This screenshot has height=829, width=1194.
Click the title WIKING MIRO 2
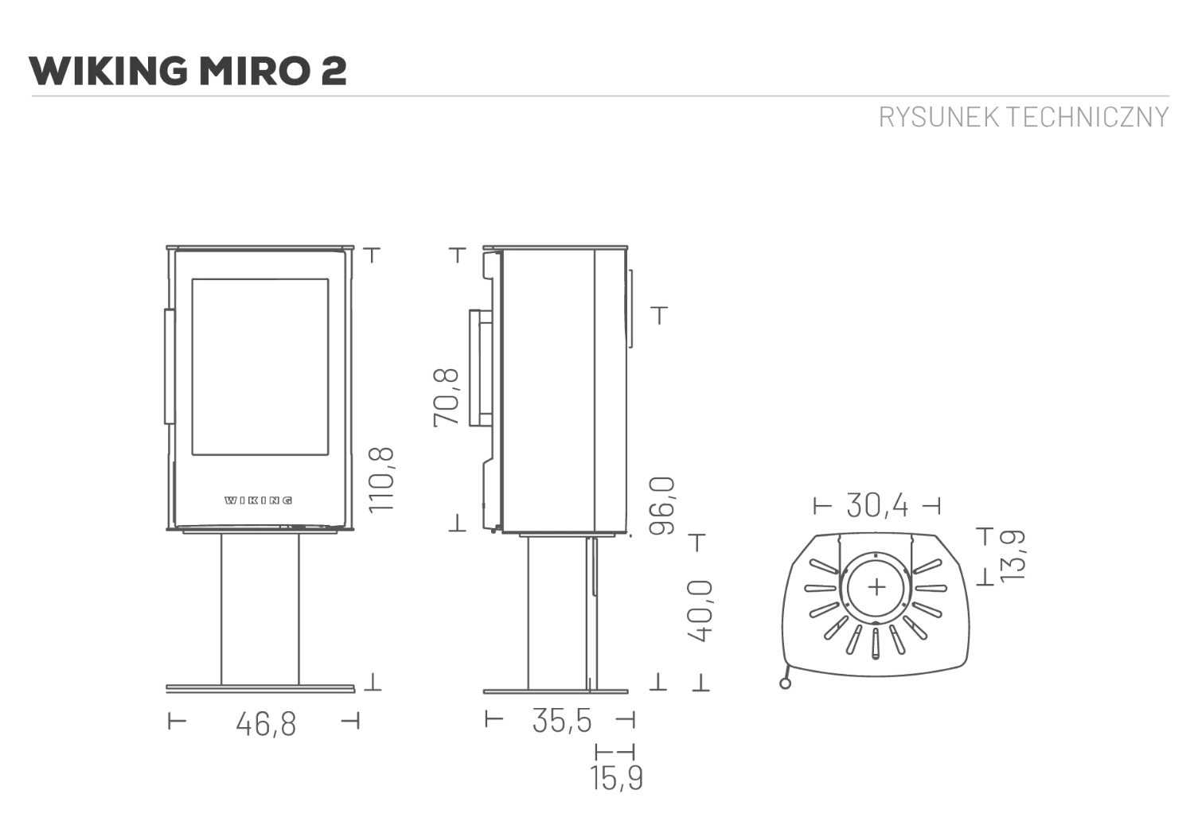188,70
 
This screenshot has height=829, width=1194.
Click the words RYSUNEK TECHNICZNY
1024,117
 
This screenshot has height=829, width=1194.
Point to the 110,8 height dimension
381,480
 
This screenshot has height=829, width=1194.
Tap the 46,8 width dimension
266,725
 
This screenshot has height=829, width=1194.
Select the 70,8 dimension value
446,398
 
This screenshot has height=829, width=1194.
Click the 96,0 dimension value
662,506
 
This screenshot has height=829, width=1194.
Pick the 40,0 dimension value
700,612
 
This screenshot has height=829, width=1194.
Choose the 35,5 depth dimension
562,721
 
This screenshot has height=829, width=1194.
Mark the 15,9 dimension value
617,778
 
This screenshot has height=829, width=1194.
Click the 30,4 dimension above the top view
877,505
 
